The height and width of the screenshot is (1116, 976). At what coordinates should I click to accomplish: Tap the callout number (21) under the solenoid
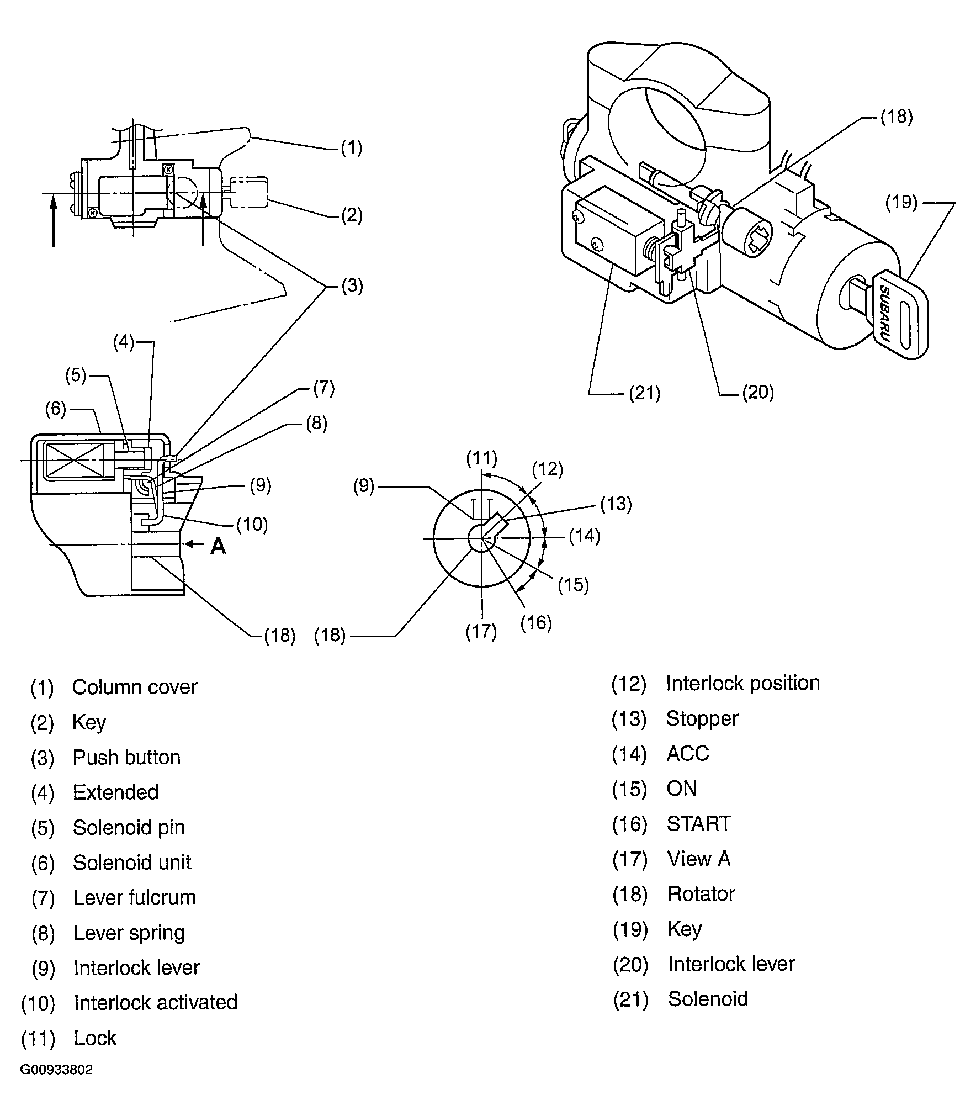(645, 393)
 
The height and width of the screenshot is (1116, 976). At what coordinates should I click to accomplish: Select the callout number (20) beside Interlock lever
(757, 392)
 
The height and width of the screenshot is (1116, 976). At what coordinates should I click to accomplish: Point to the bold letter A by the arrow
(219, 546)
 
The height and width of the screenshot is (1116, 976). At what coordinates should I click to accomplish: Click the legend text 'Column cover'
(134, 687)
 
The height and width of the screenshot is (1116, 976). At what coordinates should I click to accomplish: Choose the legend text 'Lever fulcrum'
(134, 897)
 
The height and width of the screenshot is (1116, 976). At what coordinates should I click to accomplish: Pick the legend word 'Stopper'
(702, 718)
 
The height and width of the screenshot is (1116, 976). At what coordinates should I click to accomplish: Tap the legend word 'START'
(698, 824)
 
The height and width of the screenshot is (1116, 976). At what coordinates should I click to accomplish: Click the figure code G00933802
(56, 1085)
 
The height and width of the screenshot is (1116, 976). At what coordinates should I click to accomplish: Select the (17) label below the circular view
(481, 631)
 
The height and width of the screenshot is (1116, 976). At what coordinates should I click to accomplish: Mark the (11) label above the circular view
(481, 458)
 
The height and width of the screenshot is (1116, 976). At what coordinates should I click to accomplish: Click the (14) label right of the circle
(585, 536)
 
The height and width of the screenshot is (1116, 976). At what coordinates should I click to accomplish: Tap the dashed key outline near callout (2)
(249, 192)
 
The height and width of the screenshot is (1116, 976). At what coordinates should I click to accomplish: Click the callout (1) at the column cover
(351, 147)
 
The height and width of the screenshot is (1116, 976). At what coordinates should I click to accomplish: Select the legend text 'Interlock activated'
(155, 1002)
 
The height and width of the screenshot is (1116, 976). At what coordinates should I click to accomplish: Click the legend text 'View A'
(698, 859)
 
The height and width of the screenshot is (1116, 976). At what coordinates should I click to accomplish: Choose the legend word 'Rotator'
(701, 893)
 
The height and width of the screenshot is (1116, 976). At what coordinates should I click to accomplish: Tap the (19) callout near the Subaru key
(901, 203)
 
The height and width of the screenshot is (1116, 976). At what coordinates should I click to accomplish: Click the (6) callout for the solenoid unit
(56, 409)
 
